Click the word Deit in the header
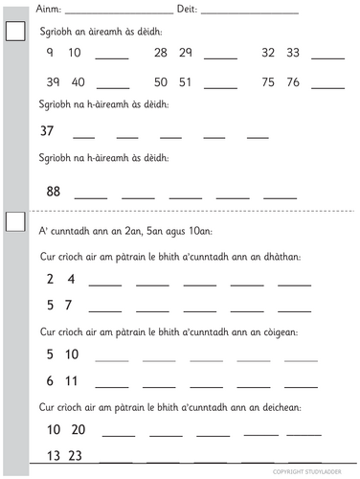(x=188, y=9)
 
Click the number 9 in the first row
(x=49, y=52)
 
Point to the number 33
(x=293, y=52)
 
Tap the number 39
(x=53, y=81)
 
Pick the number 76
(x=293, y=81)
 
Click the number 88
(x=54, y=191)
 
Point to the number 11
(x=72, y=380)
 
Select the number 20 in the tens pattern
(x=78, y=428)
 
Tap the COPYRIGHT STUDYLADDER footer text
(x=313, y=472)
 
